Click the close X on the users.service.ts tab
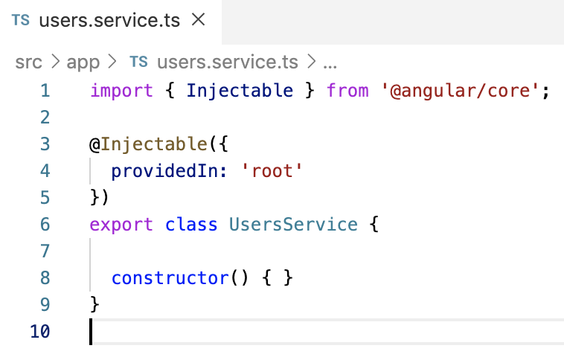point(198,20)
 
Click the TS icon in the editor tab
point(21,21)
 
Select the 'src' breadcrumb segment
point(28,62)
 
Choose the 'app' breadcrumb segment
point(83,62)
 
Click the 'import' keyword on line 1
point(121,91)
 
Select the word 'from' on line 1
point(347,91)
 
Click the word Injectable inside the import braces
point(240,91)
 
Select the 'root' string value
point(272,171)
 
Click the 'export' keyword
point(121,225)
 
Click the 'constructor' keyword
point(170,278)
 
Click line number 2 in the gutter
point(44,118)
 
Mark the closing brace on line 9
point(94,305)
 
